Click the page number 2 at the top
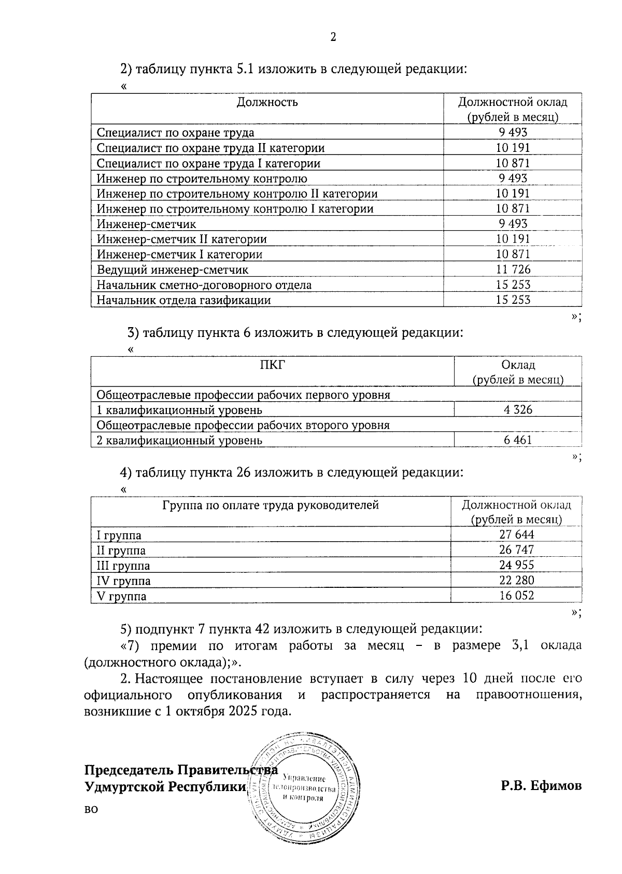333,37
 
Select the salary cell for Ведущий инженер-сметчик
513,270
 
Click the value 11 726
513,270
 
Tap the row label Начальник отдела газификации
183,300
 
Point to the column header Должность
267,102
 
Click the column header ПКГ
272,364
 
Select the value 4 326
518,410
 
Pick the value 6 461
518,441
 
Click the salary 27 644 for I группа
516,535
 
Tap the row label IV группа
124,581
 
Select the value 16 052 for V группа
516,596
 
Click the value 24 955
516,566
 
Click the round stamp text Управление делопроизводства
304,788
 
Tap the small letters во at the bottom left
91,809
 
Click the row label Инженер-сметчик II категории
181,239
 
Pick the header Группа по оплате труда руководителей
271,505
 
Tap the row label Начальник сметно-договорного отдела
204,285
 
